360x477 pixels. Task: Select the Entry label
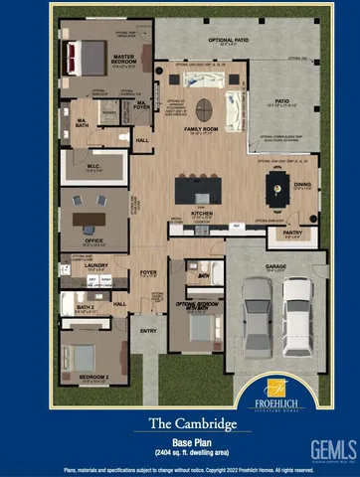pos(149,331)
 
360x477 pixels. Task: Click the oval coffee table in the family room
pos(203,107)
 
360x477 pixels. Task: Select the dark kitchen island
pos(200,188)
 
